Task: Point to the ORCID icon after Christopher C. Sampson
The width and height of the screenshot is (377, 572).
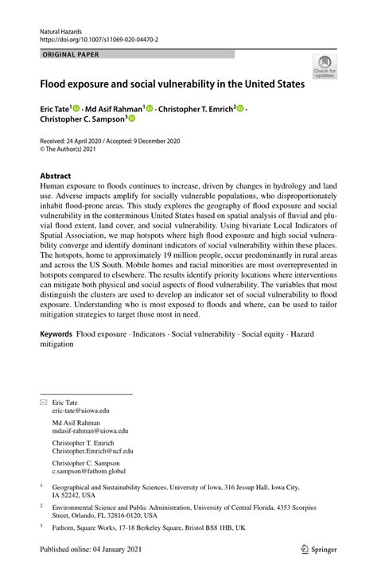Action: (x=132, y=119)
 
